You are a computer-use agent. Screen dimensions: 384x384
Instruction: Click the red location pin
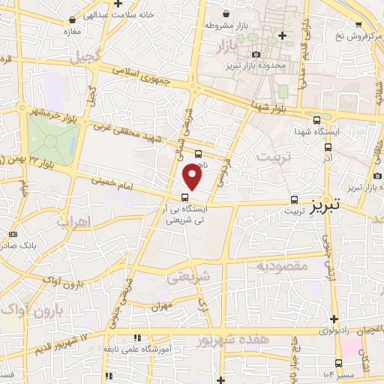(x=193, y=177)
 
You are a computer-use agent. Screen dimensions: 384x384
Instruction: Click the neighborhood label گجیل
(x=85, y=57)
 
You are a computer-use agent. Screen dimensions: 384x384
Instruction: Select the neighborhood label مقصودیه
(x=280, y=266)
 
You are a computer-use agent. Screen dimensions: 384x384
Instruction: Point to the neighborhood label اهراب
(x=73, y=222)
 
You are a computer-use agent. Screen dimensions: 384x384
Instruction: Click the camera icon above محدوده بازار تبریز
(x=256, y=54)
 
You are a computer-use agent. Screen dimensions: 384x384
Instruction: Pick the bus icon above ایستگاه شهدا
(x=317, y=119)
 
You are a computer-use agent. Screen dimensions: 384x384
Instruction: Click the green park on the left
(x=52, y=139)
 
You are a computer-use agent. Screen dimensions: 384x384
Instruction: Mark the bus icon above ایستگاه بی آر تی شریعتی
(x=185, y=198)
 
